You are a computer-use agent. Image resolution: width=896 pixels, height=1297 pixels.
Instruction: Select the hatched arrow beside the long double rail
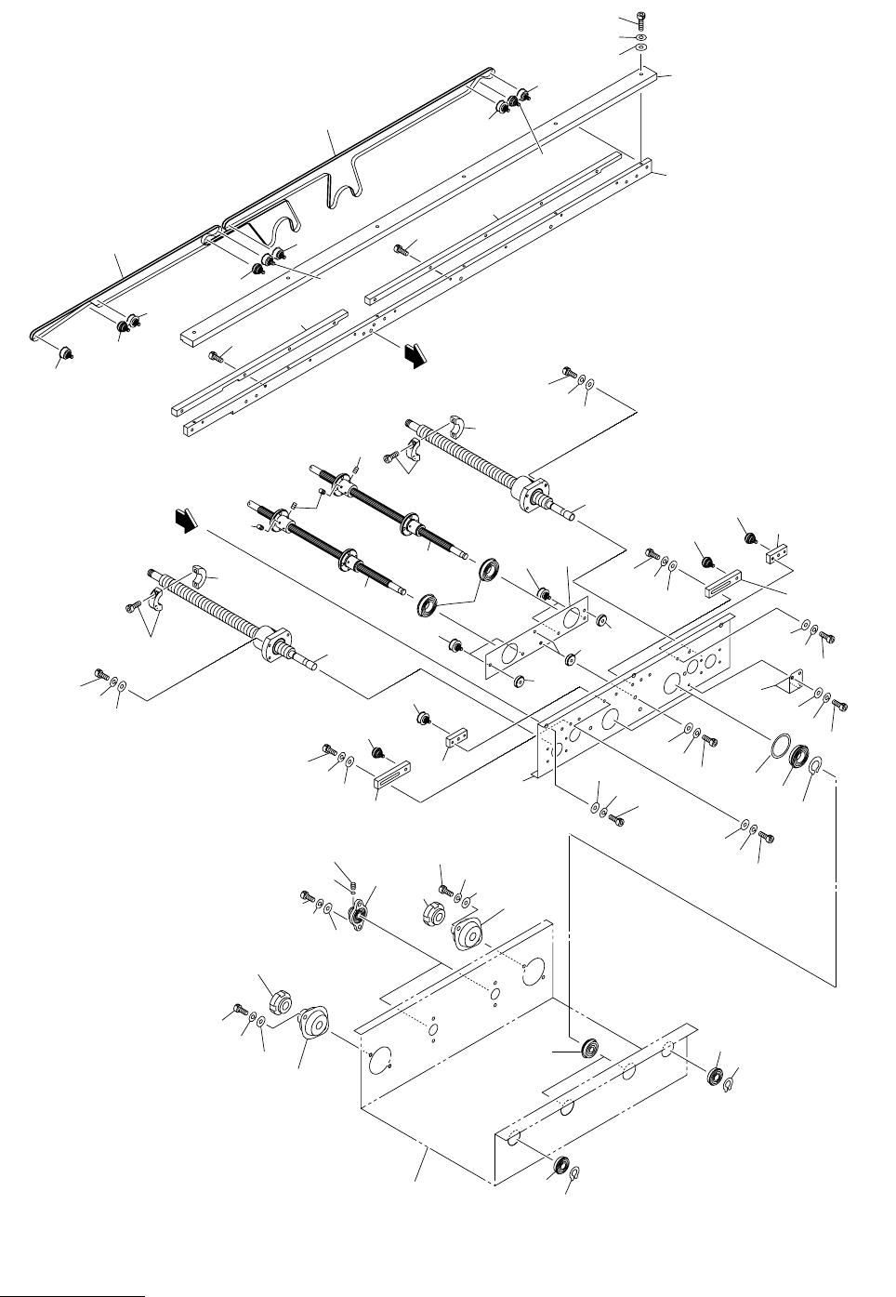413,354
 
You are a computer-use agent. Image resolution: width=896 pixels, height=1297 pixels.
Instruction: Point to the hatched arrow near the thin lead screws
189,523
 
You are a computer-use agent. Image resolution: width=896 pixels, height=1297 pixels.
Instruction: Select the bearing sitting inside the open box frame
588,1048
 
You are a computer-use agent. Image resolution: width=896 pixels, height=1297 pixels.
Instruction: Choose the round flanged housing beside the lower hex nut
310,1025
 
